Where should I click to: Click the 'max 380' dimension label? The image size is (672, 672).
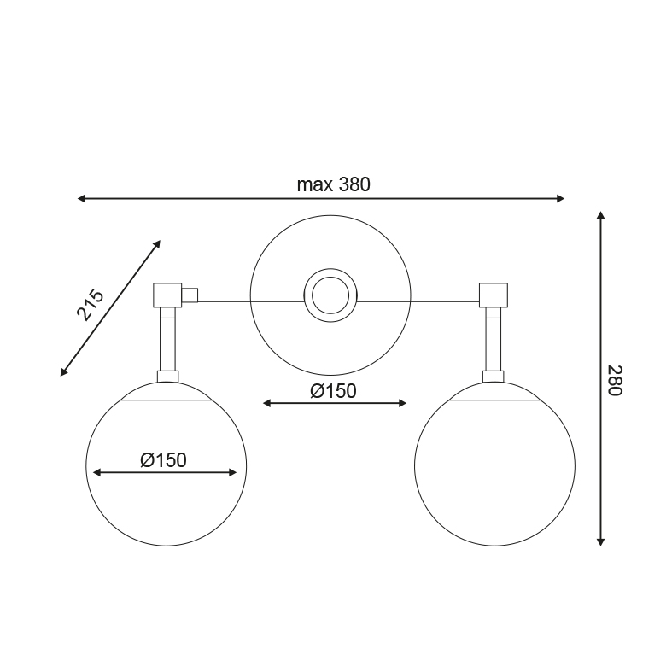(333, 184)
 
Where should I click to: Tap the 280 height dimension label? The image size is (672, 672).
(615, 381)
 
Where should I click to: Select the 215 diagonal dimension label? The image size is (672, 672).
(91, 306)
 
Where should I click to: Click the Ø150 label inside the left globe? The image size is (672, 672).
(163, 460)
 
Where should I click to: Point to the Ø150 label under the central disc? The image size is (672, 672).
(333, 391)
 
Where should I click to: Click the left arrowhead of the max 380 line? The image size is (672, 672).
(81, 198)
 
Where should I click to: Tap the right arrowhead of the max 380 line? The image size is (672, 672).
(560, 198)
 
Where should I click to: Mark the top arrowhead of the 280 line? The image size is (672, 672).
(601, 215)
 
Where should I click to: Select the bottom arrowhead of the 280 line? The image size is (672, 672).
(601, 541)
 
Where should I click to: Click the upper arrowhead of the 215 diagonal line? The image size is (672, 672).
(157, 244)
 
